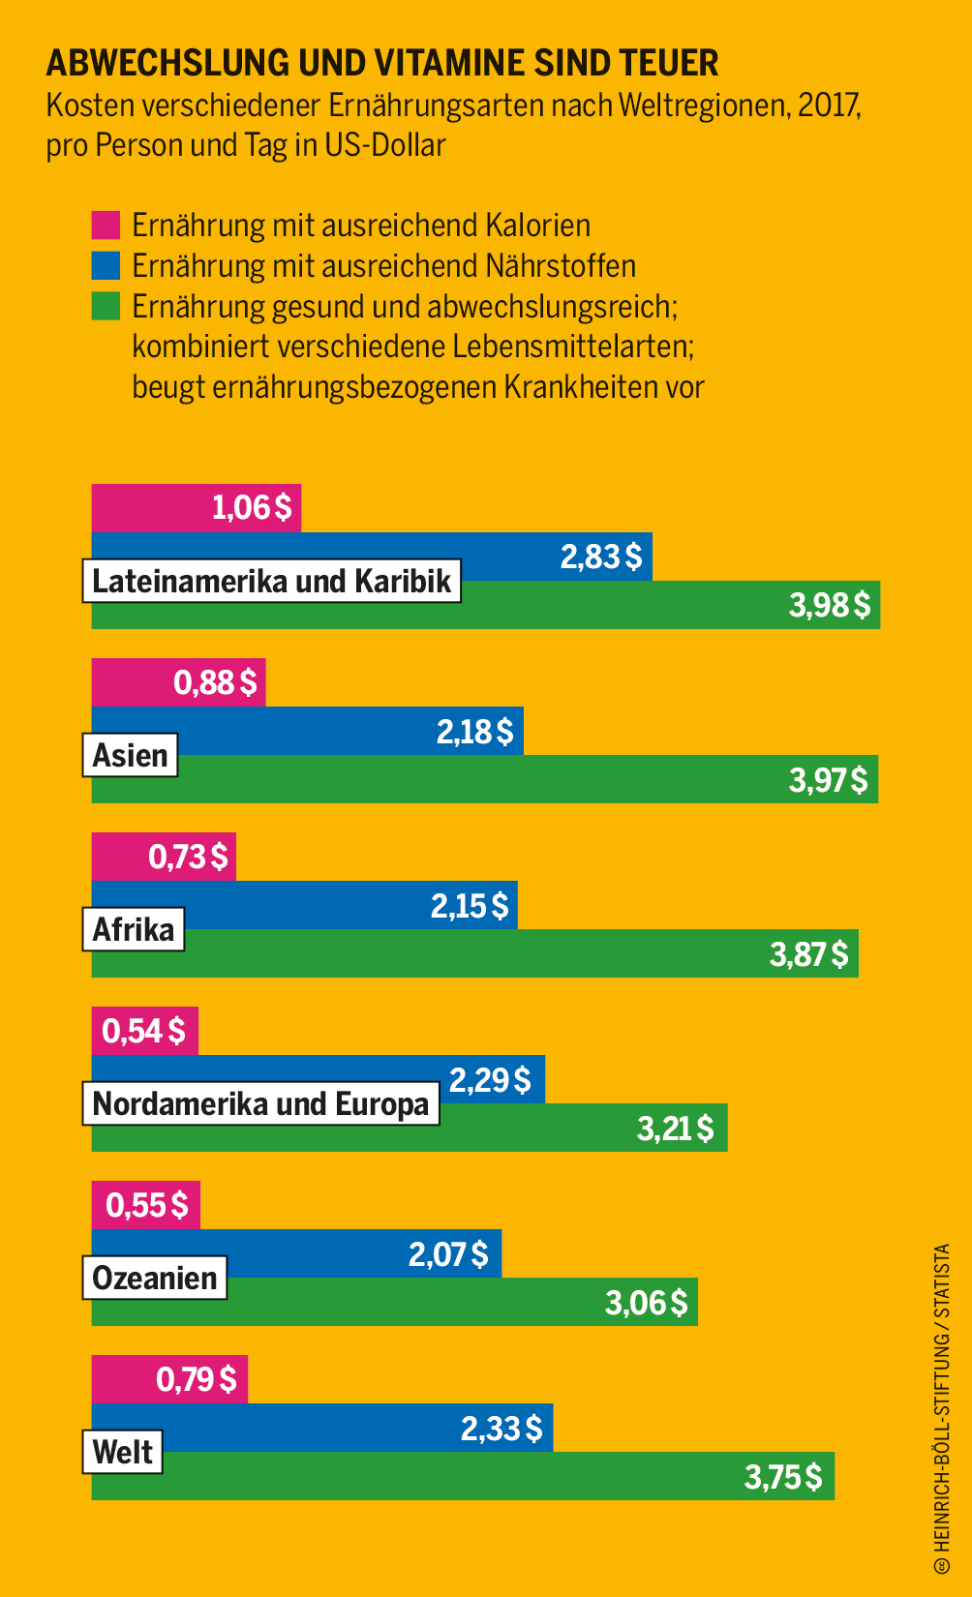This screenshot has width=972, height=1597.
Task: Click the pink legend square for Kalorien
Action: tap(106, 226)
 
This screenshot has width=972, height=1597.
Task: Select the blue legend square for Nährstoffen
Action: tap(106, 266)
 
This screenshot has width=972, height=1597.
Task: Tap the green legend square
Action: tap(106, 306)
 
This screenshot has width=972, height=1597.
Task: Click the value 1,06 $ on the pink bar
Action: tap(252, 507)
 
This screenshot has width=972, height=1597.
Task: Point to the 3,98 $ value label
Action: tap(830, 606)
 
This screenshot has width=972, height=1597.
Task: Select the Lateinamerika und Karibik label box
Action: tap(272, 581)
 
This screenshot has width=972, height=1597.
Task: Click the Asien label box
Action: tap(131, 755)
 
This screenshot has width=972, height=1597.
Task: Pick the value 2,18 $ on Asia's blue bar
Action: tap(474, 732)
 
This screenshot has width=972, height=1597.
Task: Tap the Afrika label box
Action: tap(134, 929)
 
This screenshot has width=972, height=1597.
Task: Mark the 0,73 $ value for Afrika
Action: tap(188, 857)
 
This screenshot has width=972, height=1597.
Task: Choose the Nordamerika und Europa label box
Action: tap(260, 1103)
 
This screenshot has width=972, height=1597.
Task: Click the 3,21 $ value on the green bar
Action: tap(675, 1129)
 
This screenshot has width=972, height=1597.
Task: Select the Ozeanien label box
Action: tap(155, 1278)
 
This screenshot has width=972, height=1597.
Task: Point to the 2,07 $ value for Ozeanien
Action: tap(448, 1254)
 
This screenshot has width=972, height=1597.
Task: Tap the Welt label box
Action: tap(123, 1452)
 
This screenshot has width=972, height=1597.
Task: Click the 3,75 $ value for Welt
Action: tap(782, 1477)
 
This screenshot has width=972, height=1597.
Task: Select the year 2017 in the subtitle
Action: tap(829, 105)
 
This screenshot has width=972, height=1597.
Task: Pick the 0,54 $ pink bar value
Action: tap(143, 1032)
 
